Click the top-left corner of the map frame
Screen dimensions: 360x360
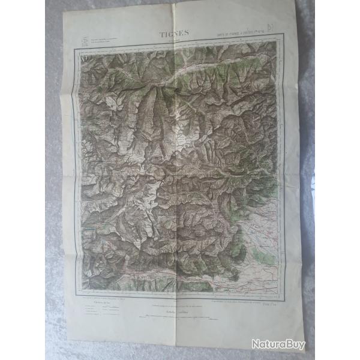76,49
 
